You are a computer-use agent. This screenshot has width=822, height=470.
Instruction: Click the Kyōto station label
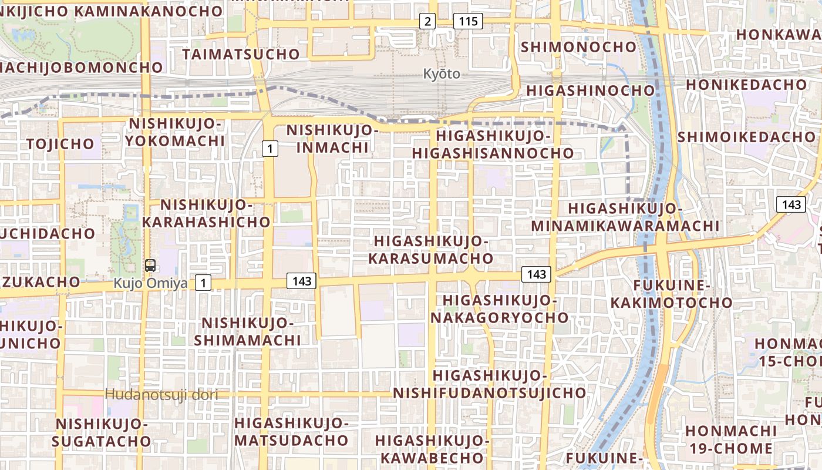click(x=442, y=74)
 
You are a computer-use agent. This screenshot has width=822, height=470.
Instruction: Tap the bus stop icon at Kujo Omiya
click(x=150, y=265)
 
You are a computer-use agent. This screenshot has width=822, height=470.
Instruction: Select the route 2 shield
click(x=427, y=22)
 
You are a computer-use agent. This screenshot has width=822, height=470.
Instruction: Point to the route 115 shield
click(x=468, y=22)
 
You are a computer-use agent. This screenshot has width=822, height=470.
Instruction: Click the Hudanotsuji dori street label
click(x=161, y=395)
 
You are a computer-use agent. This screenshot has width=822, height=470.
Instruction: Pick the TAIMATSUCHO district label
click(x=241, y=55)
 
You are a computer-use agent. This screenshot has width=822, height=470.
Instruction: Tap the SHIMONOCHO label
click(x=578, y=46)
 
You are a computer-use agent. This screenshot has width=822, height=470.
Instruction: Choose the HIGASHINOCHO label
click(x=590, y=90)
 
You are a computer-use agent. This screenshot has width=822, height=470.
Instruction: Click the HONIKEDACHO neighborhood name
click(x=746, y=85)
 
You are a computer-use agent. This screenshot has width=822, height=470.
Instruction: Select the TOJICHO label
click(x=60, y=144)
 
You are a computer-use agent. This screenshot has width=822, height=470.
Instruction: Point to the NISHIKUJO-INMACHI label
click(x=332, y=138)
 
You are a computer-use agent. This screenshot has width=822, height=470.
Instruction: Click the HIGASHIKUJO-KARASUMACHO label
click(x=431, y=250)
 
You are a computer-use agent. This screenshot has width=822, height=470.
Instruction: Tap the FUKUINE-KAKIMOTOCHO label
click(x=672, y=294)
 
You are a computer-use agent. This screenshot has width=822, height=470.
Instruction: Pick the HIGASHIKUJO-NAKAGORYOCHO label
click(x=500, y=309)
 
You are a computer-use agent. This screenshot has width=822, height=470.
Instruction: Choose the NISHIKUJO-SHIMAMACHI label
click(x=247, y=331)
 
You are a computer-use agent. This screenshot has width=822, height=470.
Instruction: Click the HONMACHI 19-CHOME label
click(x=731, y=439)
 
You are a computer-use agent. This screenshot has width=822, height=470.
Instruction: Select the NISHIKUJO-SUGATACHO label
click(x=100, y=432)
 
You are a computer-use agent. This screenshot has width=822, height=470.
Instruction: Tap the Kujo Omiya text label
click(x=151, y=283)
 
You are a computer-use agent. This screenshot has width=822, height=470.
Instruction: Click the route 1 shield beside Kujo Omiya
click(x=203, y=283)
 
